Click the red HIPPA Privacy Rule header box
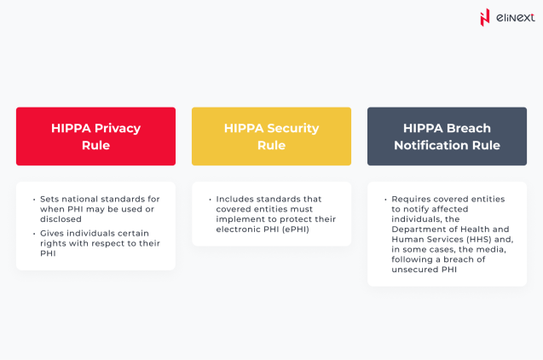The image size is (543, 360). click(95, 136)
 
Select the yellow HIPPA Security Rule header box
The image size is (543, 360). click(271, 136)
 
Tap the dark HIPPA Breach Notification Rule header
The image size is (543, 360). click(447, 136)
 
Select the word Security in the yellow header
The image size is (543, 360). click(290, 128)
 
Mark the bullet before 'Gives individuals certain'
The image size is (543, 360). click(32, 233)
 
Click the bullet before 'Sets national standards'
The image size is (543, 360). click(32, 199)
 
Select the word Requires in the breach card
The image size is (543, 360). click(411, 199)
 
